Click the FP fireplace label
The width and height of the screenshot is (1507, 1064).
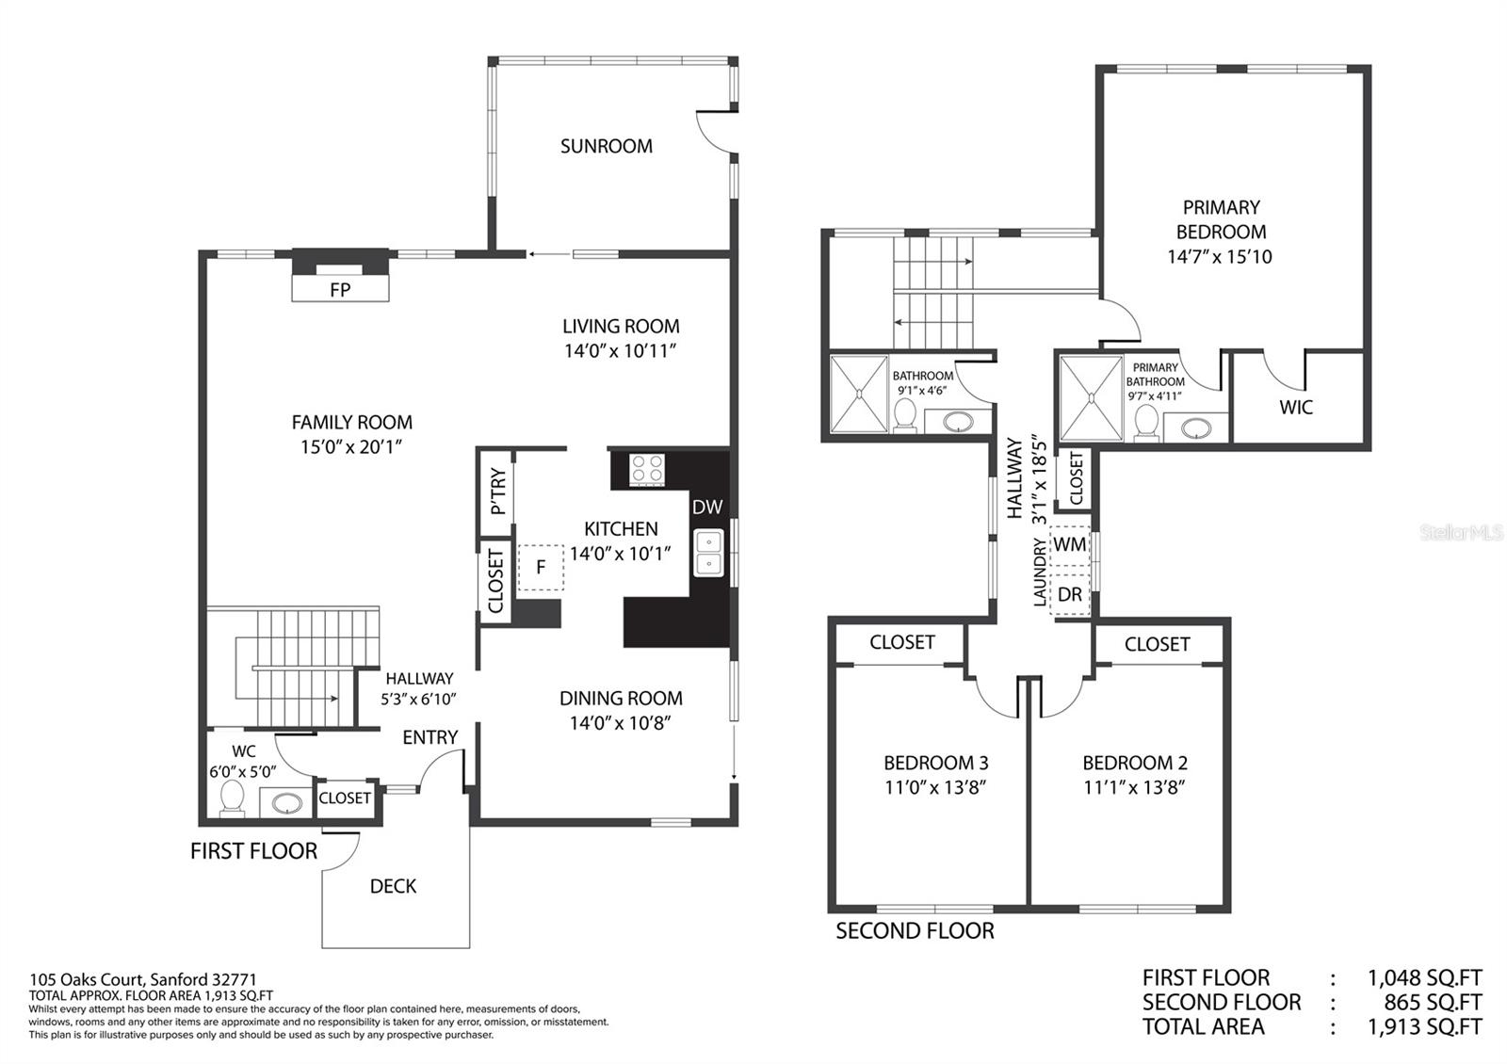pyautogui.click(x=340, y=290)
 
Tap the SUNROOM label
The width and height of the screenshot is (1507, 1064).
pyautogui.click(x=607, y=146)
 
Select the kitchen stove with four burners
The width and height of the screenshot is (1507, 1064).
pyautogui.click(x=647, y=470)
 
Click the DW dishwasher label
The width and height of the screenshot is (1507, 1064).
pyautogui.click(x=707, y=508)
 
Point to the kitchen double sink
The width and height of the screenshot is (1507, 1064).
pyautogui.click(x=709, y=553)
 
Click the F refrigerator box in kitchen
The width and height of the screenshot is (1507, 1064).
pyautogui.click(x=541, y=568)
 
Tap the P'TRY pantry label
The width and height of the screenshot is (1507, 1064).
pyautogui.click(x=498, y=491)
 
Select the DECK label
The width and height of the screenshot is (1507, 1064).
pyautogui.click(x=393, y=886)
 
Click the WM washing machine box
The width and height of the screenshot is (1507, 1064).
pyautogui.click(x=1069, y=544)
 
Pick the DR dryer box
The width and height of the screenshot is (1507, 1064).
pyautogui.click(x=1069, y=594)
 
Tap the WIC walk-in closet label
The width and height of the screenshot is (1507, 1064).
pyautogui.click(x=1296, y=407)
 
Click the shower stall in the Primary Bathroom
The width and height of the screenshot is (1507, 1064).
pyautogui.click(x=1091, y=398)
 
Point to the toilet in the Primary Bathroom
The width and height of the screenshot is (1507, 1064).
pyautogui.click(x=1145, y=423)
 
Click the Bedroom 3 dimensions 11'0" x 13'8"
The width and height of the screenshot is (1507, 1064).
pyautogui.click(x=935, y=787)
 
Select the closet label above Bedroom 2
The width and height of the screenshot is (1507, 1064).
pyautogui.click(x=1158, y=644)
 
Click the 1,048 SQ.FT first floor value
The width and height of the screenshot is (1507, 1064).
pyautogui.click(x=1425, y=977)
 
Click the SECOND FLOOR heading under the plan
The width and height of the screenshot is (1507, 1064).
pyautogui.click(x=915, y=931)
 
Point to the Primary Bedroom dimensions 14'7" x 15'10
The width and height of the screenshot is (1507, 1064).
pyautogui.click(x=1219, y=256)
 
